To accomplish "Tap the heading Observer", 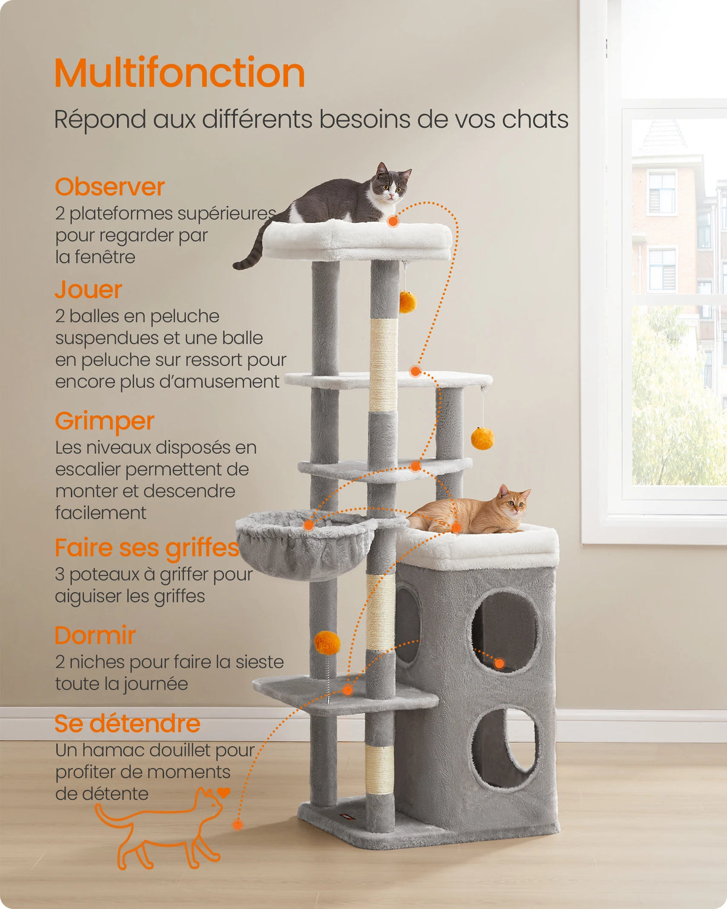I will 110,187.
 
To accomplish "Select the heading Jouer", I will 88,290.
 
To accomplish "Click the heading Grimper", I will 104,421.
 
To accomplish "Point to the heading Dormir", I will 95,636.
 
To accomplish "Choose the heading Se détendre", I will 127,724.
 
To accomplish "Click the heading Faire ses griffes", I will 147,548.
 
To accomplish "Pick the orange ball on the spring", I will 327,642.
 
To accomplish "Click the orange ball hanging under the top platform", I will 407,301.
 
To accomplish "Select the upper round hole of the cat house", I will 504,630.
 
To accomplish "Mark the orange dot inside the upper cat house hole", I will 499,664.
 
